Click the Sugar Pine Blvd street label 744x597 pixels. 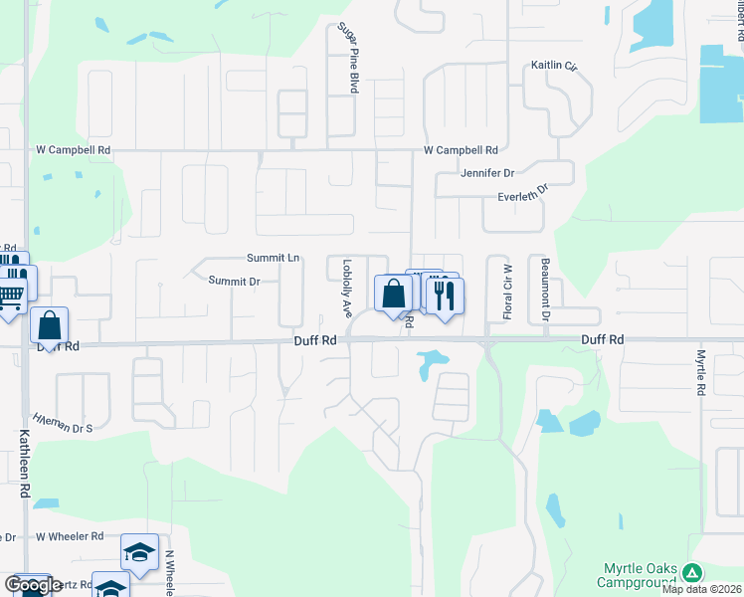point(348,58)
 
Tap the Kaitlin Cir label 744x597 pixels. point(555,66)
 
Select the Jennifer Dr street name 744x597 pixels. point(486,172)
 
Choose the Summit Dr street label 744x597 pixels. point(234,281)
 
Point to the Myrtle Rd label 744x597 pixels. point(700,371)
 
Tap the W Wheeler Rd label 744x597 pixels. point(70,535)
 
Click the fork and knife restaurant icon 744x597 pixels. point(444,294)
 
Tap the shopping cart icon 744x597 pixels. point(10,294)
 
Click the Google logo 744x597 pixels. point(33,585)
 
